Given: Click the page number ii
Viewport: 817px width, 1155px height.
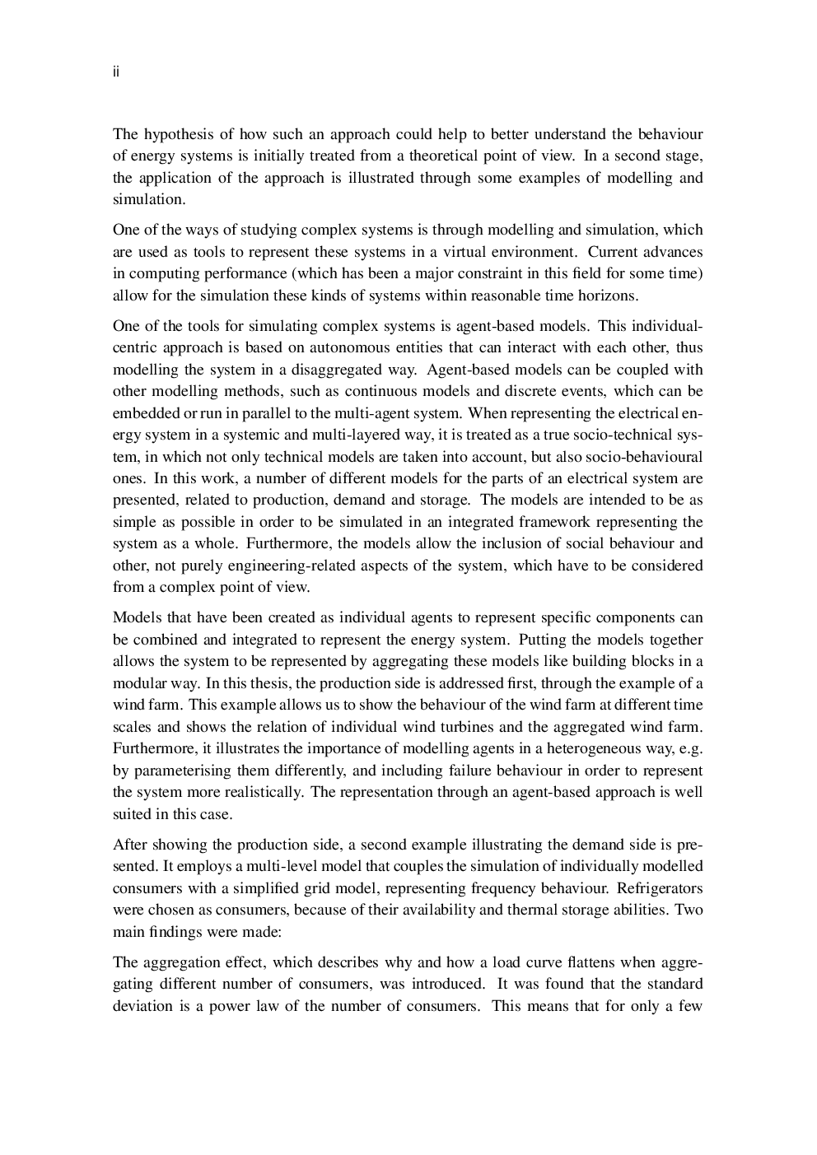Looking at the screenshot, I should pos(116,72).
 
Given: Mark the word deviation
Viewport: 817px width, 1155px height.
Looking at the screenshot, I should pos(142,1006).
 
